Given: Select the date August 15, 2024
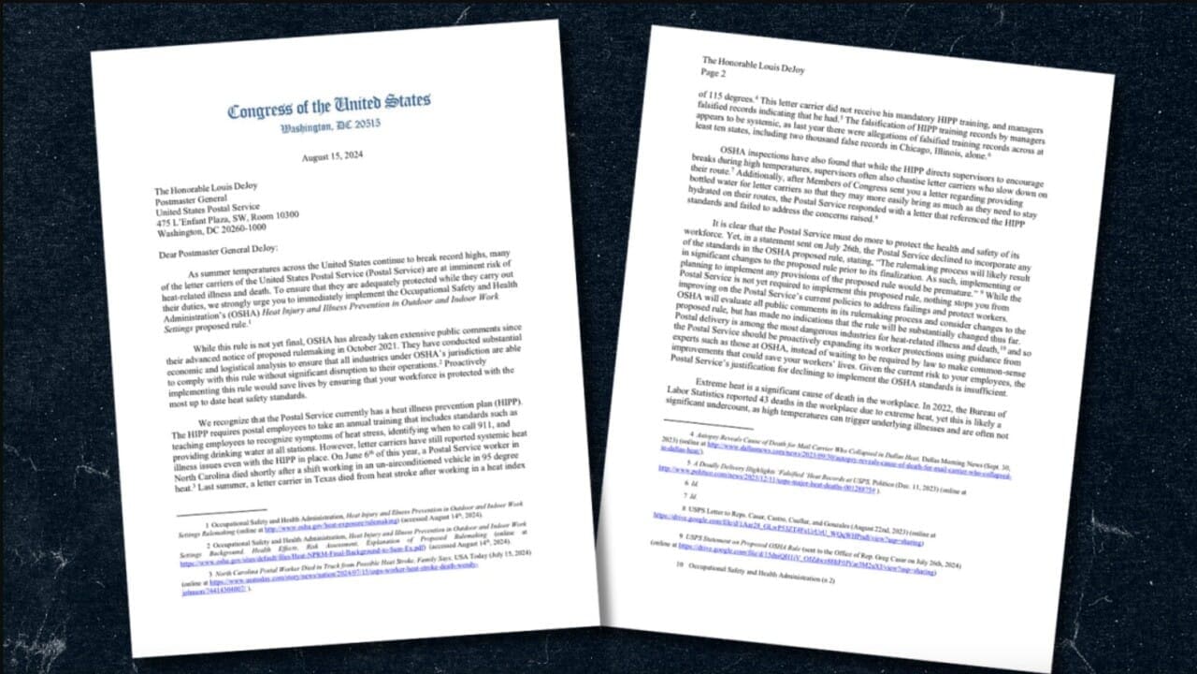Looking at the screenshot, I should point(338,160).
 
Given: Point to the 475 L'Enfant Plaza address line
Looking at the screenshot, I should point(226,214).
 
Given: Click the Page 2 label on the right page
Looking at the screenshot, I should point(713,83).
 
